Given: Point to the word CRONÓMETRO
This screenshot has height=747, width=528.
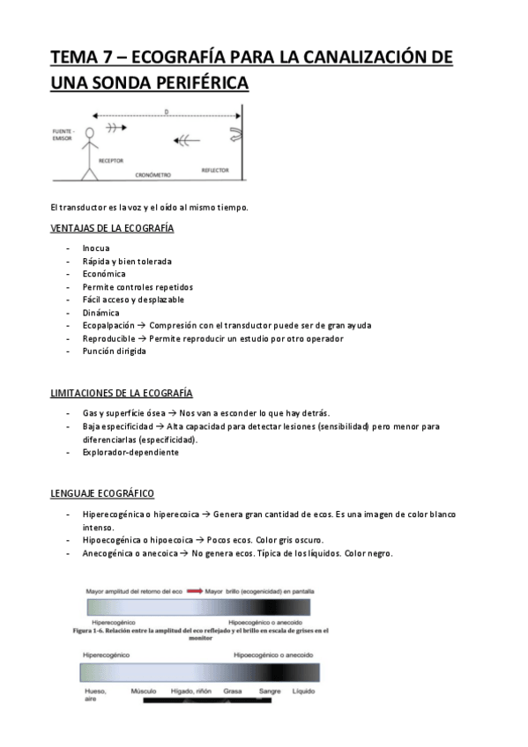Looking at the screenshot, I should [x=152, y=175].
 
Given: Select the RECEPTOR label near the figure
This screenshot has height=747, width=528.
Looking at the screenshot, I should [x=110, y=161].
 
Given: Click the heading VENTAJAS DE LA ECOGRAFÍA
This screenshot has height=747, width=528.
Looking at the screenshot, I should [x=112, y=229].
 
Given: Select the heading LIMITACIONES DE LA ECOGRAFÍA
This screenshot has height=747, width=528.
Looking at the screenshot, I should [x=122, y=393].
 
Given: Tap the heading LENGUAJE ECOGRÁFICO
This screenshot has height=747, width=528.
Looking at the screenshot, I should [x=103, y=493].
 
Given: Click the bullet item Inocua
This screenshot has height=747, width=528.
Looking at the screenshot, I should [x=96, y=248].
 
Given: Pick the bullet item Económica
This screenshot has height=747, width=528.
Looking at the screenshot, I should [x=104, y=274].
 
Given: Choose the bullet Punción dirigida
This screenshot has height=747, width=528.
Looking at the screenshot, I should [x=114, y=351].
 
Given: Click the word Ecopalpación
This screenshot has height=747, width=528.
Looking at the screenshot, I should [x=109, y=325].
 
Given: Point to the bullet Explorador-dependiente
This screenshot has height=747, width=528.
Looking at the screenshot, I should [x=130, y=452].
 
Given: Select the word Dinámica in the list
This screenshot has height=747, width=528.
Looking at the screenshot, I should [x=101, y=313].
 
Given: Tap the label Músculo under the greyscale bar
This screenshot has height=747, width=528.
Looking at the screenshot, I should [x=144, y=692].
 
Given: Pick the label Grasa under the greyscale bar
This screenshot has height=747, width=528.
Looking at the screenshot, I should [x=233, y=692].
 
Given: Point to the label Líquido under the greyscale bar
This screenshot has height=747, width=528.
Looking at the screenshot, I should [x=303, y=692].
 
